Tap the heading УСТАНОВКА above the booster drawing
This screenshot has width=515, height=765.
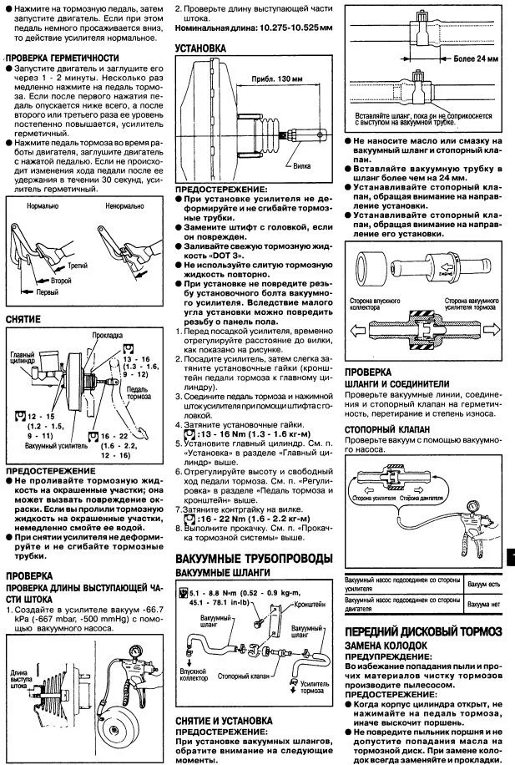point(200,49)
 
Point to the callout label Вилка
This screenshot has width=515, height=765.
point(306,167)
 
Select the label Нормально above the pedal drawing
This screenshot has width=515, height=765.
point(41,204)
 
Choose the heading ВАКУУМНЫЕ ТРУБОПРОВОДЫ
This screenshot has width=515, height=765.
point(254,557)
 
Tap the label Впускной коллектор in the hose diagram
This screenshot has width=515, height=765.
point(194,674)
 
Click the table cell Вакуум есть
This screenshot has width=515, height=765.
point(483,584)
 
